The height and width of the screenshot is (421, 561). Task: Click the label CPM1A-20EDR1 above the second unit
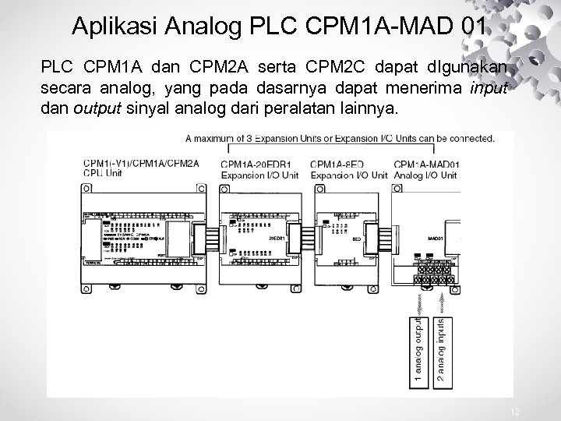tap(258, 165)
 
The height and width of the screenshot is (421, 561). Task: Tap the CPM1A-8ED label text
tap(338, 165)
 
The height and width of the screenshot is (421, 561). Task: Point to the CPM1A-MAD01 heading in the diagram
tap(427, 165)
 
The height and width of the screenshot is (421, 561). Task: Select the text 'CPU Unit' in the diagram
tap(102, 175)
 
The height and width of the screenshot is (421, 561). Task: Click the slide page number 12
tap(513, 411)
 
